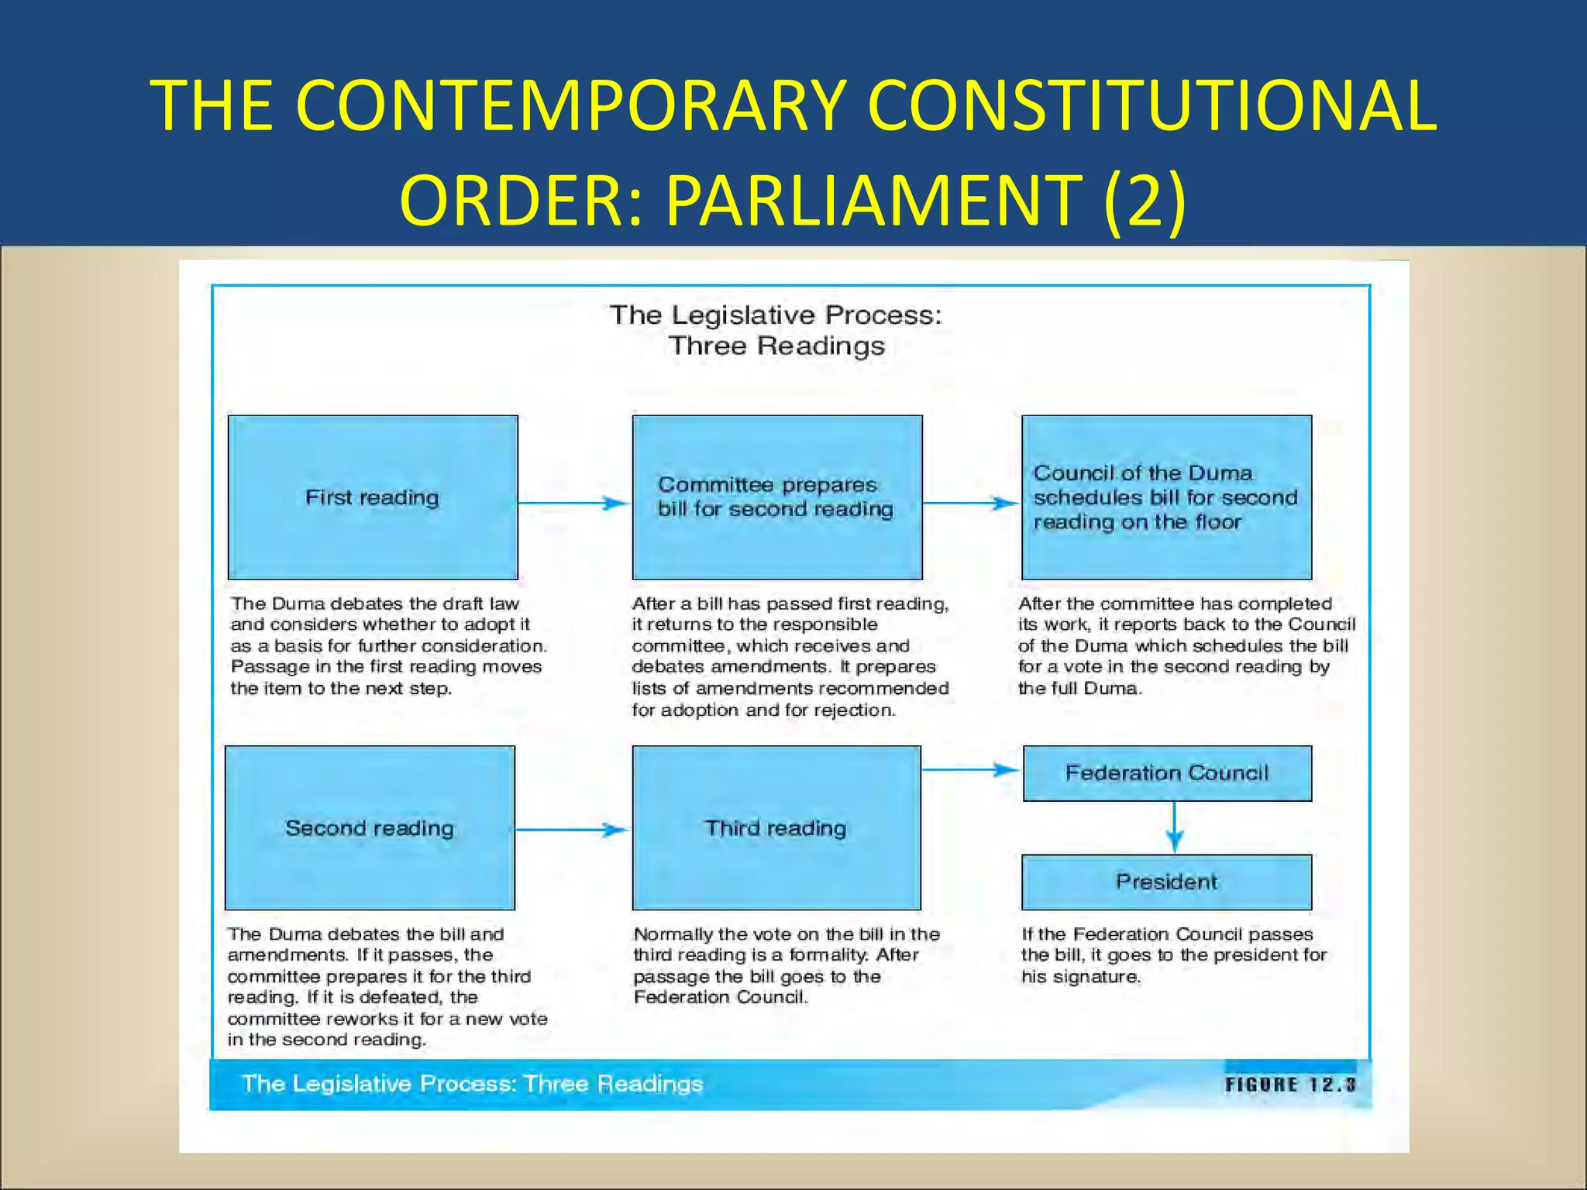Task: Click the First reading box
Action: pos(373,497)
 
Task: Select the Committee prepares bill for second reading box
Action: pos(777,497)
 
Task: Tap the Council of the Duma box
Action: pos(1166,497)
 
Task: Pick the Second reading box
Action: pos(370,828)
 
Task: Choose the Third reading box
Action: pos(776,828)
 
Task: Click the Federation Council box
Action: pos(1167,773)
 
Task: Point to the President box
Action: pos(1166,882)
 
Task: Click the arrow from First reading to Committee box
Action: pos(574,504)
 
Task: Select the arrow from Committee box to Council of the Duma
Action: pos(971,504)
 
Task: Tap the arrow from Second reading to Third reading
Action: pos(572,830)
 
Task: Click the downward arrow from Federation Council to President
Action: pos(1175,827)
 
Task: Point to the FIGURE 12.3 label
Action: pos(1290,1085)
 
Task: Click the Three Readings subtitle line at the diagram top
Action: pos(776,346)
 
